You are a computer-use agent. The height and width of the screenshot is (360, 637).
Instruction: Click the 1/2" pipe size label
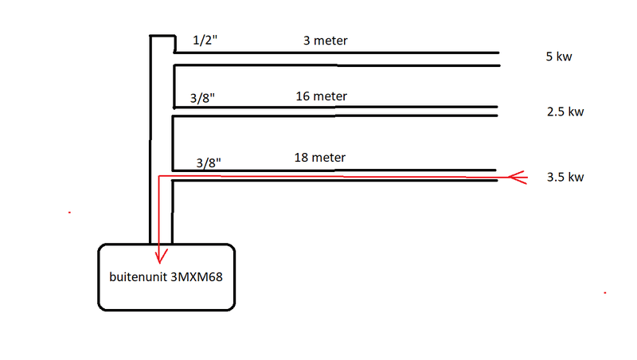[205, 41]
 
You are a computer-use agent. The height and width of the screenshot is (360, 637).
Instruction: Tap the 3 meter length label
[326, 41]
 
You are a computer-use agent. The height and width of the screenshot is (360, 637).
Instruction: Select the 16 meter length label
[322, 96]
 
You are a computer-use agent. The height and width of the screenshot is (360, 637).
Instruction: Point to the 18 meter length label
[320, 158]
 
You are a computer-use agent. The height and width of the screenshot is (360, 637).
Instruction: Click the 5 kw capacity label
[559, 57]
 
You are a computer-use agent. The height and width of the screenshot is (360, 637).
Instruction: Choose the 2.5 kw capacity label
[565, 112]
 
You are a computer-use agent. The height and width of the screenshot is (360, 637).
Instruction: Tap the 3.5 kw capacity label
[565, 177]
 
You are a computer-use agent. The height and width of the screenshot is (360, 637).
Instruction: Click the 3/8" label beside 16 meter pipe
[202, 98]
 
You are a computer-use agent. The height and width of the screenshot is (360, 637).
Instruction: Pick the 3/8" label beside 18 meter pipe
[209, 163]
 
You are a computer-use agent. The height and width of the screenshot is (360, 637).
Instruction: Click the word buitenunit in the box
[138, 277]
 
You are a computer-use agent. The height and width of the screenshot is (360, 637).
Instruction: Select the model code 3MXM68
[197, 277]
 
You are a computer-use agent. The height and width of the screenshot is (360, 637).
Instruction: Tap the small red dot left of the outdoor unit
[69, 213]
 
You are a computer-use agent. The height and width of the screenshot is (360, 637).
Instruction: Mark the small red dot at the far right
[605, 292]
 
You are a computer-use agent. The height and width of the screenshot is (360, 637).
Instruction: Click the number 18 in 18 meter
[300, 158]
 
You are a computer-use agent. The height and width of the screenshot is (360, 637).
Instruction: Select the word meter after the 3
[330, 41]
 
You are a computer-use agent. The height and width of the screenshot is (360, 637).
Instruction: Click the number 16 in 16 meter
[302, 96]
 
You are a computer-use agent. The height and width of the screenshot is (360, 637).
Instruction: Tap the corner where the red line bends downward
[158, 176]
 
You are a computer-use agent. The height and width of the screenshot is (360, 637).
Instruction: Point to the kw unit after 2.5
[576, 112]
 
